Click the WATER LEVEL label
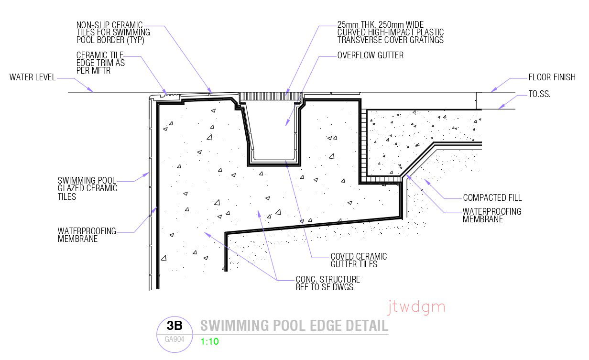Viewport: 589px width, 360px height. [33, 77]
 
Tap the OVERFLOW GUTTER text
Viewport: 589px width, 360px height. [370, 55]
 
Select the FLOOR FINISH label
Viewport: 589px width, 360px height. [552, 77]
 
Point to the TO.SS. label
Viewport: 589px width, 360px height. [539, 94]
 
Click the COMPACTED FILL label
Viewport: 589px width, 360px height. [492, 198]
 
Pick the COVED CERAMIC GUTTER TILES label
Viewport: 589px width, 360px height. [359, 261]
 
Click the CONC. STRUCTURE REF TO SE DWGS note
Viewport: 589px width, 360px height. [327, 283]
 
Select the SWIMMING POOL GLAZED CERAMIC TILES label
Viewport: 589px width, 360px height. [87, 188]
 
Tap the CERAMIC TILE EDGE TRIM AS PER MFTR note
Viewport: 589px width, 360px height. [100, 63]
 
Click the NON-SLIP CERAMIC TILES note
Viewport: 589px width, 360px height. [113, 33]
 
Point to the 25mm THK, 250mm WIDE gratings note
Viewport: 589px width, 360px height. [390, 33]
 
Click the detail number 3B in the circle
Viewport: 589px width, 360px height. [175, 326]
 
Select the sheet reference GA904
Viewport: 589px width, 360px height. [175, 339]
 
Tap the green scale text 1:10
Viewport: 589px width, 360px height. [209, 341]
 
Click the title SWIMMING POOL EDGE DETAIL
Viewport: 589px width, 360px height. [294, 326]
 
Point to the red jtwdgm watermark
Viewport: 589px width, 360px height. [416, 306]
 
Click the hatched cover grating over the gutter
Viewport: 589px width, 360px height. [270, 96]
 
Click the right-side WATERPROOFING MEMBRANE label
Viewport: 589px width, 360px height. [492, 215]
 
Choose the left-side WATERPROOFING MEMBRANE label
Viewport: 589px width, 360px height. [87, 235]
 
